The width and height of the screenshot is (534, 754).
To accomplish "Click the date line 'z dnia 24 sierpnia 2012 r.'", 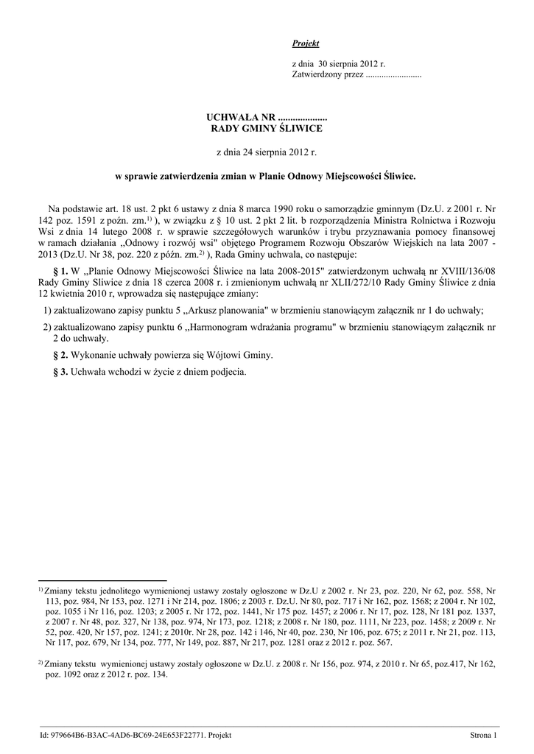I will click(x=266, y=152).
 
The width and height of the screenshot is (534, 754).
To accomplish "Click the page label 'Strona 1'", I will click(x=484, y=735).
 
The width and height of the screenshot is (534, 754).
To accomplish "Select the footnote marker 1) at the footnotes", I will click(x=41, y=589).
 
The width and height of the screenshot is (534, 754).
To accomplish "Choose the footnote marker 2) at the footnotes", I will click(x=41, y=662).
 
